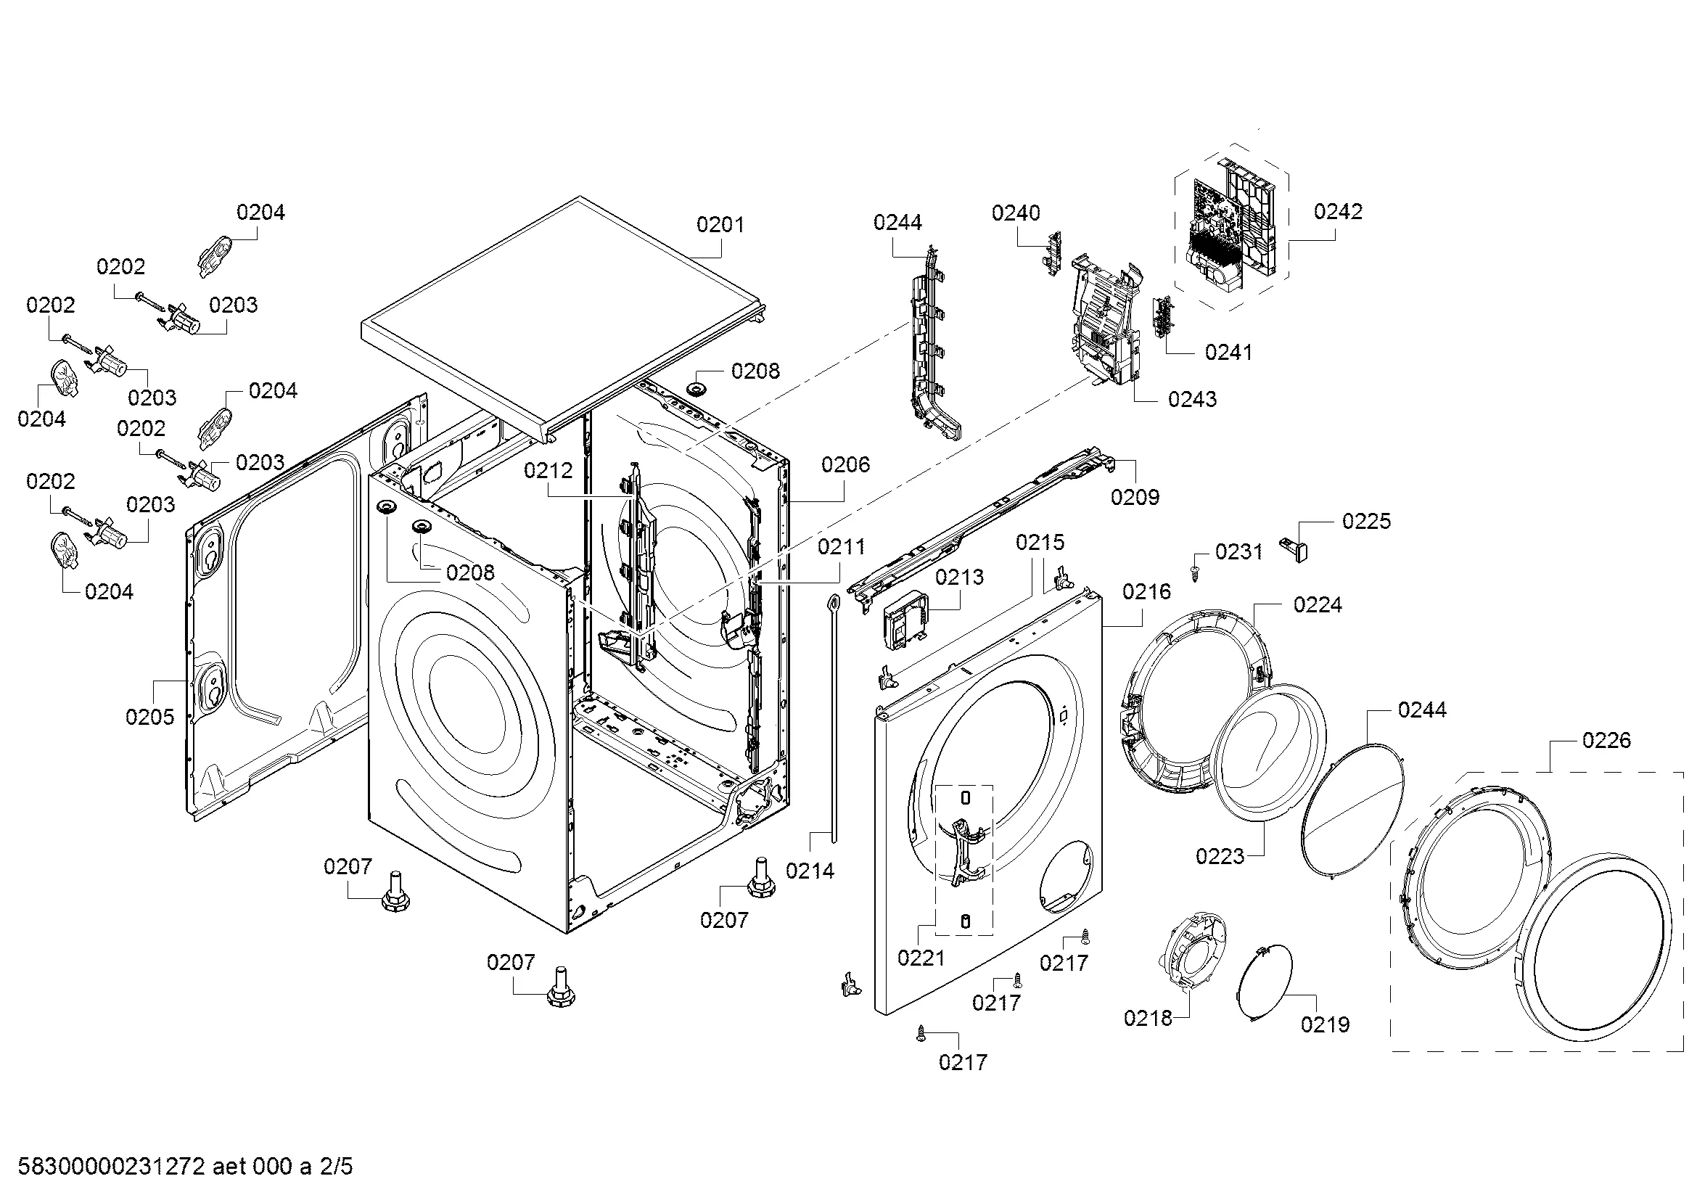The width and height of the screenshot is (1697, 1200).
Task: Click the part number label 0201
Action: pos(720,225)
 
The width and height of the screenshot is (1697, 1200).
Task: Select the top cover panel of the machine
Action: pos(562,311)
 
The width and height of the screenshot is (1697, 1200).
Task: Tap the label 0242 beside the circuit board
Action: pos(1338,212)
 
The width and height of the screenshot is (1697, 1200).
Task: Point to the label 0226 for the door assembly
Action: pos(1606,741)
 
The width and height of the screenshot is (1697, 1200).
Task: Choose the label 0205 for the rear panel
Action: pos(150,717)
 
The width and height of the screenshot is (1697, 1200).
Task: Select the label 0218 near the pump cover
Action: pos(1148,1018)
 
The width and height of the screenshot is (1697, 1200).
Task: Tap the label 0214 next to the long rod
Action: pos(810,871)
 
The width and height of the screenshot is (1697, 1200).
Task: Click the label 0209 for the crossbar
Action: pos(1135,497)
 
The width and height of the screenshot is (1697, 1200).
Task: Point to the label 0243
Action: pos(1192,400)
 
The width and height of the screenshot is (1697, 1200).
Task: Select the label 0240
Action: pos(1016,213)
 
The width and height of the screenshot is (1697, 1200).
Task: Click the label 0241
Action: pos(1228,353)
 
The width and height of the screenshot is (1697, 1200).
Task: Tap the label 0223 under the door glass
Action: pos(1220,856)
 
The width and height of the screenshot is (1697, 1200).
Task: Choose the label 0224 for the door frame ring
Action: pos(1317,605)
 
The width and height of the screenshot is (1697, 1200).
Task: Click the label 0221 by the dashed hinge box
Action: pos(921,958)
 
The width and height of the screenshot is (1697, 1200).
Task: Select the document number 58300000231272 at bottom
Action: pos(111,1167)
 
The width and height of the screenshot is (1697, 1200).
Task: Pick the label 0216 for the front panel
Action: pos(1146,592)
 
